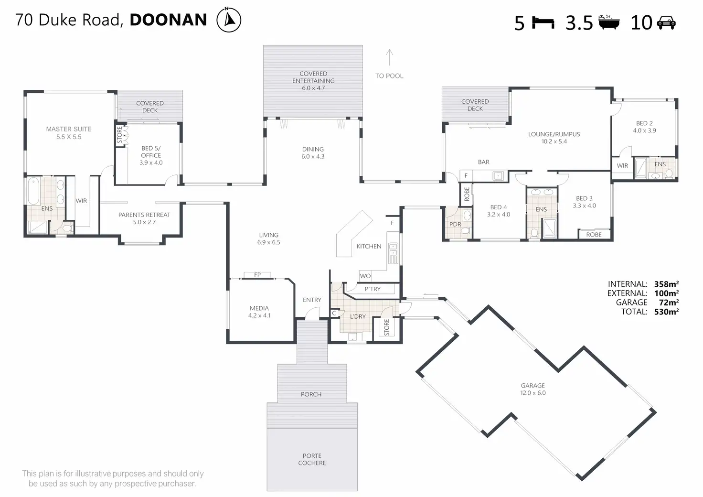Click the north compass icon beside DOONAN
point(229,20)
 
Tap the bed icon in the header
point(543,22)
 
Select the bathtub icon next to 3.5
point(609,22)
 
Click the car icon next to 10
point(666,22)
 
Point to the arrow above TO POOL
point(389,57)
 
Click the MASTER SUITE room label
point(69,133)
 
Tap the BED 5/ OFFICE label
point(151,155)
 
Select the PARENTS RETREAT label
point(144,218)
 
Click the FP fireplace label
point(257,275)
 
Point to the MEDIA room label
point(259,312)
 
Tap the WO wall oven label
point(365,276)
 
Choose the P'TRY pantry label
point(373,289)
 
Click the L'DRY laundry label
point(358,316)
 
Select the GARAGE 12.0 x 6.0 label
point(533,389)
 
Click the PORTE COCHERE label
point(312,459)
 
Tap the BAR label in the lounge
point(484,162)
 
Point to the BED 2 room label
point(644,127)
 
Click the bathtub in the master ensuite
point(33,191)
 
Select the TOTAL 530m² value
point(666,312)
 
